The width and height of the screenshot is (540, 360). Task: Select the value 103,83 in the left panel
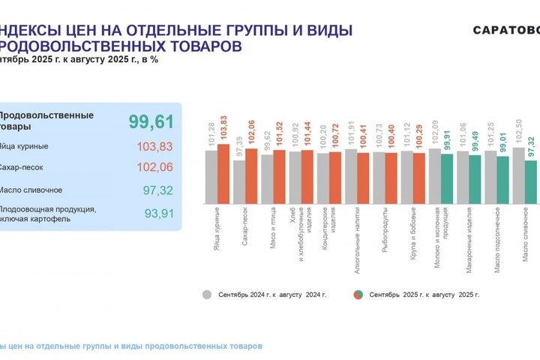click(x=154, y=146)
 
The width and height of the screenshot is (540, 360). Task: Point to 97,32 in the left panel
click(x=157, y=190)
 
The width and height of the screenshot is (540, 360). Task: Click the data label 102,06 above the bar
click(x=252, y=133)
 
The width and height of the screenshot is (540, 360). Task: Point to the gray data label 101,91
click(x=350, y=135)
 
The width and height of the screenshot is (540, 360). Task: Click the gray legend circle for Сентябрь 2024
click(x=207, y=295)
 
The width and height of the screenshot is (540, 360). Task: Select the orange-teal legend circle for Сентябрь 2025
click(x=358, y=295)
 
